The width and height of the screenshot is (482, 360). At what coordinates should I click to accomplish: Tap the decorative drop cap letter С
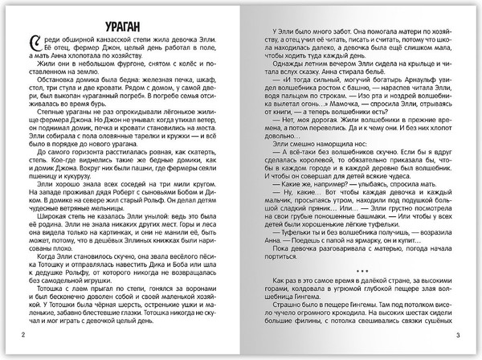point(31,45)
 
